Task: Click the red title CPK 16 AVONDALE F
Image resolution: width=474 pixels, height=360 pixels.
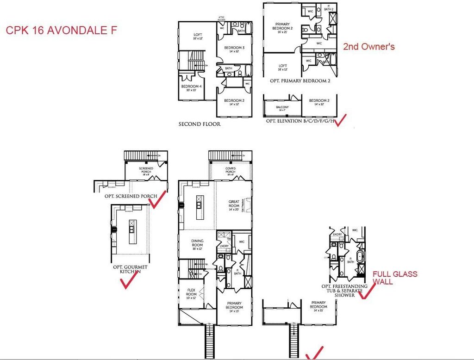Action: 61,31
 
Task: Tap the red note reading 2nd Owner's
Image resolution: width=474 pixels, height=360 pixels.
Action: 368,46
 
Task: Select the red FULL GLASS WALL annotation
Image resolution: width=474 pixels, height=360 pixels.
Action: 395,278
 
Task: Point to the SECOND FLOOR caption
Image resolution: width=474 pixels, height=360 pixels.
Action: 200,124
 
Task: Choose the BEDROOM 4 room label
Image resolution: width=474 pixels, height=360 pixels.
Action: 191,88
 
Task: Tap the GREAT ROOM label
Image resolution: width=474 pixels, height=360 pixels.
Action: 234,204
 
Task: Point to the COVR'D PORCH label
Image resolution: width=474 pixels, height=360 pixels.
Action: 231,170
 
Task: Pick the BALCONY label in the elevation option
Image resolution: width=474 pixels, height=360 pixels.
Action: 282,108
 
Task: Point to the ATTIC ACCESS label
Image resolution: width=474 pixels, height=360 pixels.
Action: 221,19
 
